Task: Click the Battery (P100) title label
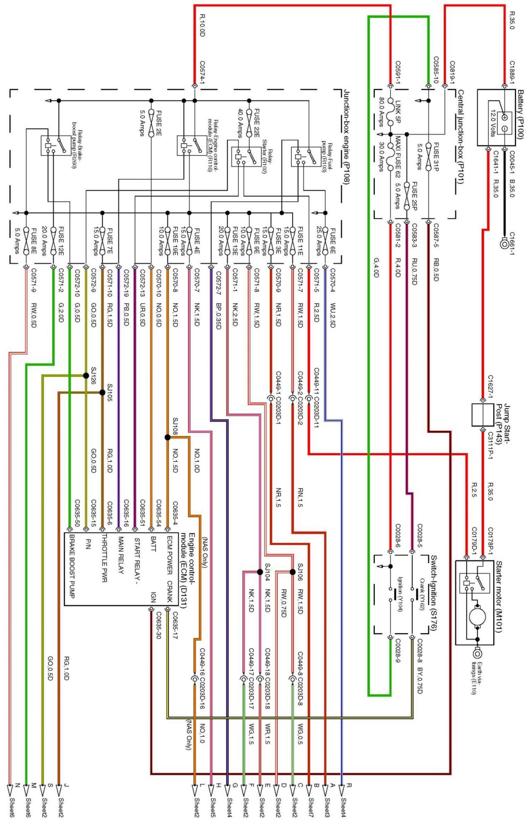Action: click(x=520, y=114)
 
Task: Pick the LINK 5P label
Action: click(x=398, y=112)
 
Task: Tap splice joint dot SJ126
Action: click(x=86, y=376)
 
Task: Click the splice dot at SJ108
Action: click(x=167, y=437)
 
